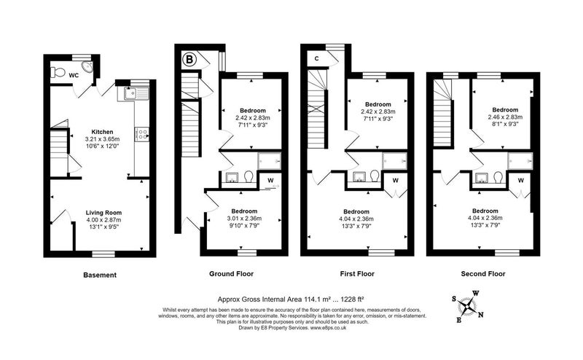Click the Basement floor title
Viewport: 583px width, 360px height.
[x=100, y=275]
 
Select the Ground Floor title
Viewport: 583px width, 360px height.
[x=231, y=274]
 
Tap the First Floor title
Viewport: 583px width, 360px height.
[x=357, y=274]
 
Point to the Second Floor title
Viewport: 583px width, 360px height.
[x=483, y=274]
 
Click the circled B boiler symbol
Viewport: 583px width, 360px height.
[x=189, y=60]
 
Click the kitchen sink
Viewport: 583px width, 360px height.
[x=133, y=94]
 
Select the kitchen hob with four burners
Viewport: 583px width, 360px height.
[x=141, y=134]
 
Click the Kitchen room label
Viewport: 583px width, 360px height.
[x=102, y=132]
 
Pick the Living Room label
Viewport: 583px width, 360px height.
[x=103, y=213]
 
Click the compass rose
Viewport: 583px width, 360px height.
[x=467, y=308]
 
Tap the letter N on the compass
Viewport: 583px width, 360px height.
[x=480, y=315]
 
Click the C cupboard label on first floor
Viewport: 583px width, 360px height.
[x=317, y=58]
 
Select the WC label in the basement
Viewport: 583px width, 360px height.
[x=74, y=76]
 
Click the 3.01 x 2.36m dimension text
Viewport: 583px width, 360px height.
[x=244, y=219]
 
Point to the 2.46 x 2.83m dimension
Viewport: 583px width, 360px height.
[x=505, y=117]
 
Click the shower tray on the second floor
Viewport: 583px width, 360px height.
[x=520, y=160]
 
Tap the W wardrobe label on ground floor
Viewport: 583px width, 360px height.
[x=270, y=181]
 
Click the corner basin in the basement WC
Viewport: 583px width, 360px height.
[x=88, y=67]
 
